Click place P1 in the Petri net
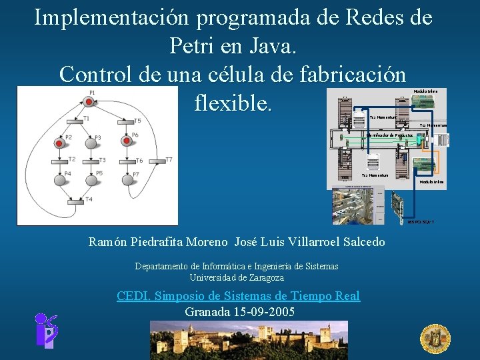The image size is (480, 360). (x=88, y=101)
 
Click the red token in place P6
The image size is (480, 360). (x=125, y=141)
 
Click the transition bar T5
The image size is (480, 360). (x=125, y=123)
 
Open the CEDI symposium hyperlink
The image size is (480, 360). (x=238, y=296)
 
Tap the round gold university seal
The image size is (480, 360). (x=435, y=337)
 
